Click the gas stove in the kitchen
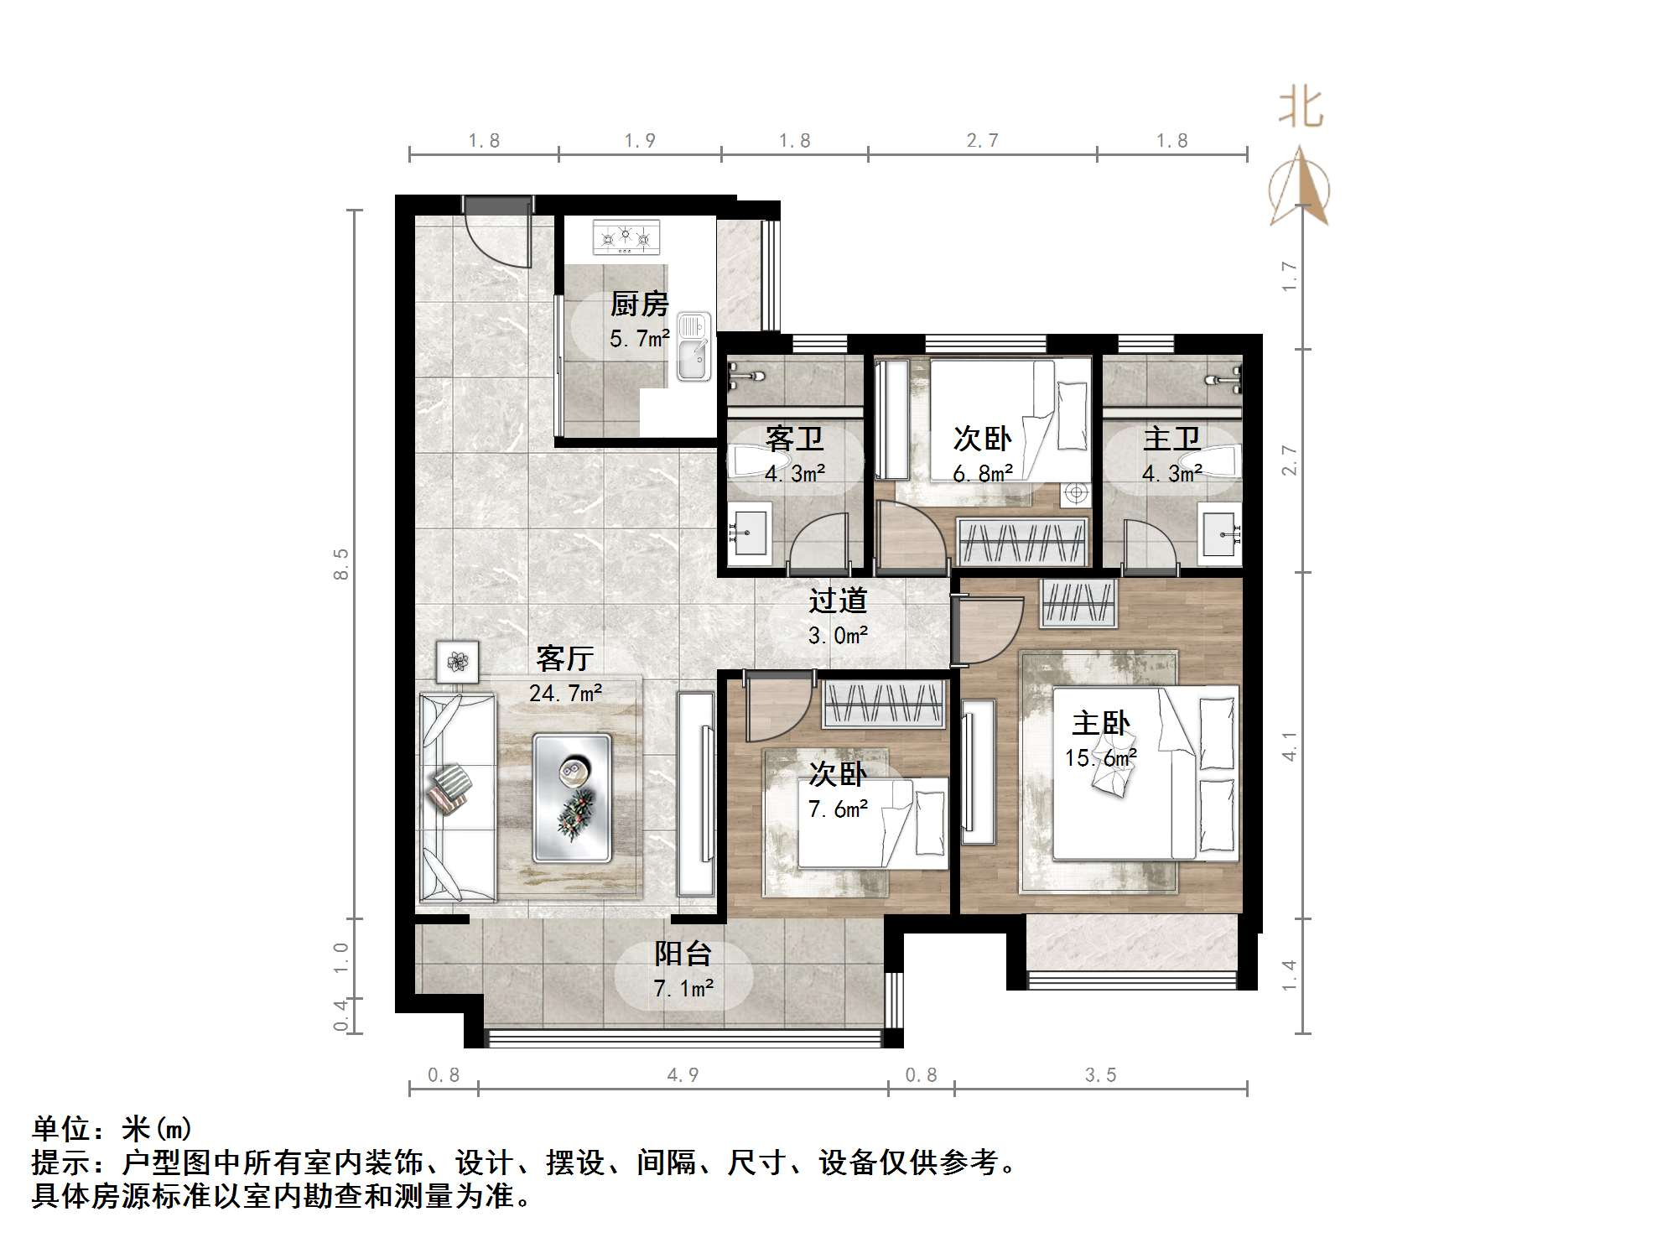(626, 237)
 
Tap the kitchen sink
(693, 346)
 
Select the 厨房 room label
(639, 304)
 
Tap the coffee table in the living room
(572, 797)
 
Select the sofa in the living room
(456, 797)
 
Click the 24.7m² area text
(565, 694)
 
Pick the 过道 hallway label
(837, 601)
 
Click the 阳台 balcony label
(683, 954)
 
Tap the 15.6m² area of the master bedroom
(1100, 758)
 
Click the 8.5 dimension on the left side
(340, 564)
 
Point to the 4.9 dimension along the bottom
(683, 1075)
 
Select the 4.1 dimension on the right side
(1290, 746)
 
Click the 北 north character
(1301, 108)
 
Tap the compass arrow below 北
(1300, 189)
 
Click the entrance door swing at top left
(500, 235)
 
